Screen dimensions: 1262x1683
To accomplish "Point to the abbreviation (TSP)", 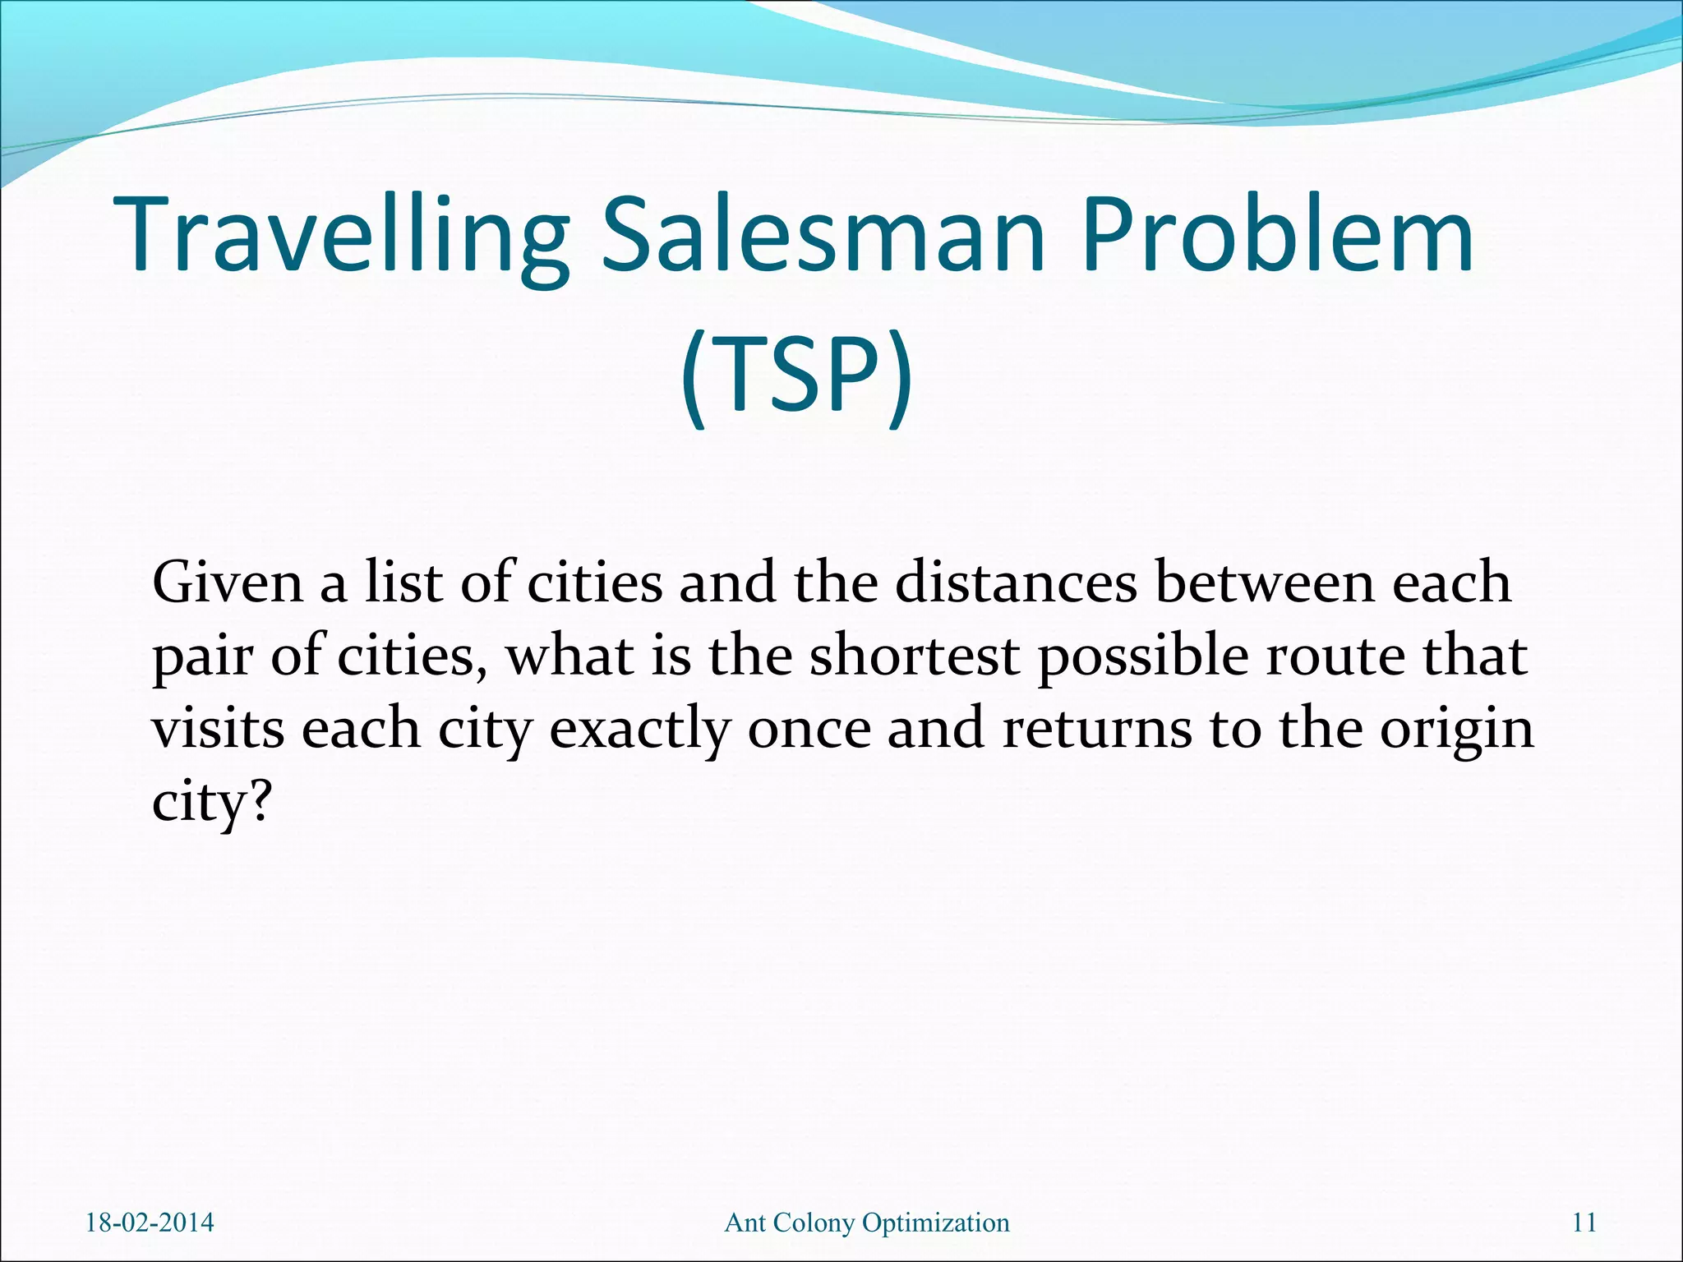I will point(795,376).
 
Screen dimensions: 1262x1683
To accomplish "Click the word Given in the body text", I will point(228,583).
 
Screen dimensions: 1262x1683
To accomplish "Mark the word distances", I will point(1016,583).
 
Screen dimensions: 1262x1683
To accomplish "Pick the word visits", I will point(218,729).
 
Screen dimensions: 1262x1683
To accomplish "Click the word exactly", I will point(640,730).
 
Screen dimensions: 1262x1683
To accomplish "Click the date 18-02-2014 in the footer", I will point(150,1223).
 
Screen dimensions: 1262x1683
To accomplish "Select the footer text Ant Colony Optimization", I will point(867,1223).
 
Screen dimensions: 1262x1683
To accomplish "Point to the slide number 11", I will point(1584,1223).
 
